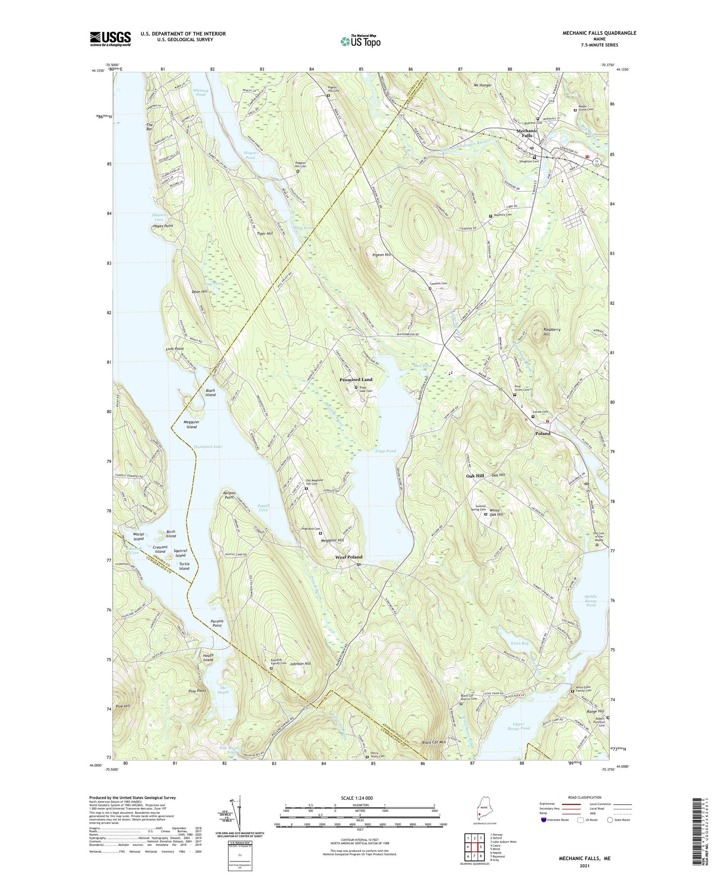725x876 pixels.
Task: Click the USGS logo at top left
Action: (110, 39)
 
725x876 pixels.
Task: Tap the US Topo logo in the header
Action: (361, 41)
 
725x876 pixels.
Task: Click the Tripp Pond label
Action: (385, 451)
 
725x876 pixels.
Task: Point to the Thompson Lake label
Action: (208, 446)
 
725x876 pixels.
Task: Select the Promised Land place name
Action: (356, 380)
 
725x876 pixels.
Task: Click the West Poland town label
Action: (349, 557)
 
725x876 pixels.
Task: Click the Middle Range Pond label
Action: (591, 601)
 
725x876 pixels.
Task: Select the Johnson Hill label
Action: (300, 664)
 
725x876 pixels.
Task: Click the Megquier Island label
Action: (191, 425)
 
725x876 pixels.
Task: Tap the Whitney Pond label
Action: (201, 92)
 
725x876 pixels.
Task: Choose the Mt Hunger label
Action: (482, 86)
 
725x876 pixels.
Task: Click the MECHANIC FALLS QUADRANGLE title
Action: (599, 33)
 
